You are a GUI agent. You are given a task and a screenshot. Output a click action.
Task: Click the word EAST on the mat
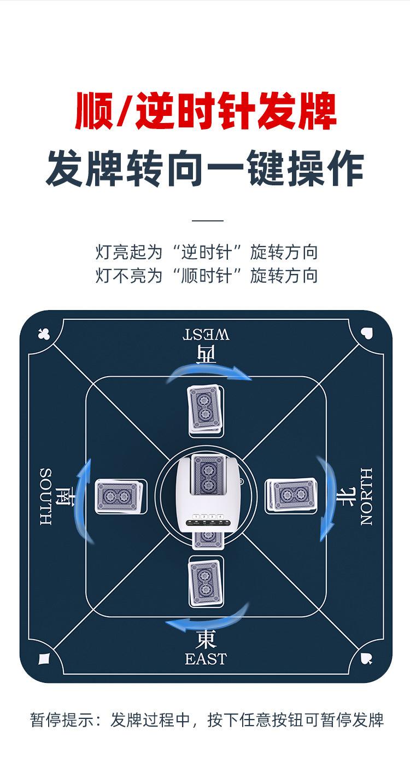point(206,659)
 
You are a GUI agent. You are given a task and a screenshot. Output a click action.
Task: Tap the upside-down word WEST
point(206,334)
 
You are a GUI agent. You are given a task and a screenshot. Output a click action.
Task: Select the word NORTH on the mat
point(366,496)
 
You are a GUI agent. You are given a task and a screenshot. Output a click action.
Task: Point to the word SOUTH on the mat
point(46,496)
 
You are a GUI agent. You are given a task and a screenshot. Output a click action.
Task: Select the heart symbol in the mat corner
point(367,333)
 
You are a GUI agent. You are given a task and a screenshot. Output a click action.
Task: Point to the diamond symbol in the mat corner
point(44,658)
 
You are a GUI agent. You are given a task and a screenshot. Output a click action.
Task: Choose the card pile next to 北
point(291,496)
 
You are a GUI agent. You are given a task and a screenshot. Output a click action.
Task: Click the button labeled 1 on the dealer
point(196,516)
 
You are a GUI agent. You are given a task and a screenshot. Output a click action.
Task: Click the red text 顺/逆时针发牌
point(206,111)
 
